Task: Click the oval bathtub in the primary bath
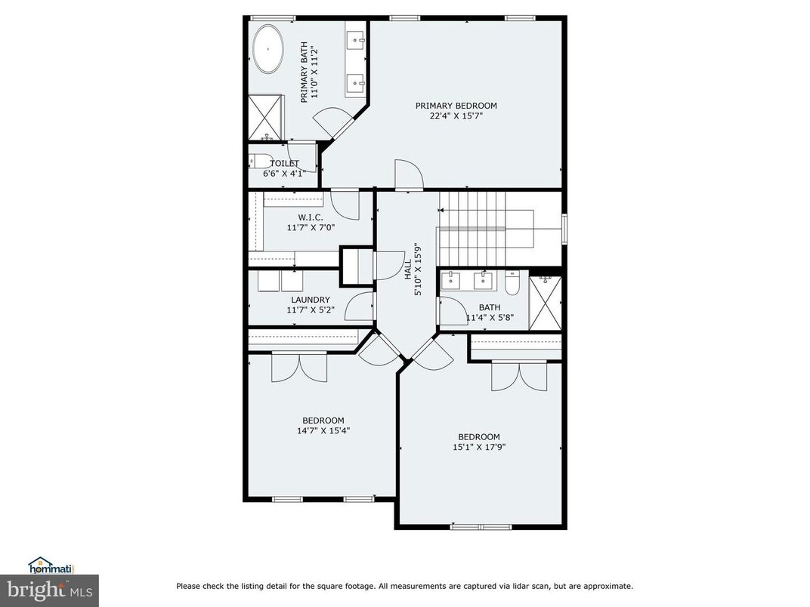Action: [267, 50]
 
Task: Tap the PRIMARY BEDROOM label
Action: [456, 106]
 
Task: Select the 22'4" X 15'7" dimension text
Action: [456, 116]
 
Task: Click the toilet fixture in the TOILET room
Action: [260, 162]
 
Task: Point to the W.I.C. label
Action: [299, 217]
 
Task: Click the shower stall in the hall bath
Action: [545, 303]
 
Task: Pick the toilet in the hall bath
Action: [512, 282]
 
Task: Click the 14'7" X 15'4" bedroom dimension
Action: [323, 431]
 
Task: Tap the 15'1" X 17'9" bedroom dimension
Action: [478, 447]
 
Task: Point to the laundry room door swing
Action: [360, 306]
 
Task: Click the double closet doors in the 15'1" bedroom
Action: [518, 375]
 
